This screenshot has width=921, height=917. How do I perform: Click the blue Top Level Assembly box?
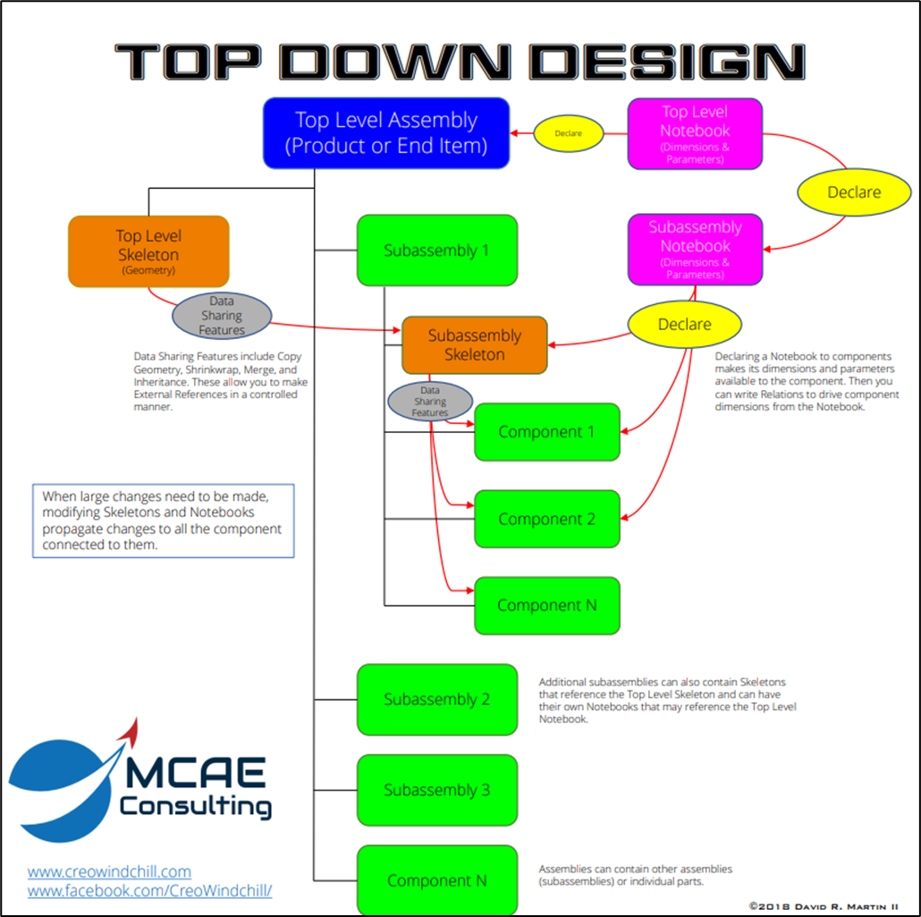click(385, 133)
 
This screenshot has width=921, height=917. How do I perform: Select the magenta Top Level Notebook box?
click(695, 134)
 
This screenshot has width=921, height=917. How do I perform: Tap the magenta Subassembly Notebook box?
click(695, 250)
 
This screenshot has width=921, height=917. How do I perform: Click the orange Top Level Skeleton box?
click(148, 251)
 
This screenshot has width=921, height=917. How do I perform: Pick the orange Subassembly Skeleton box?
click(474, 344)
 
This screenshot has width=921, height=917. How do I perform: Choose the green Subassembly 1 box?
click(436, 250)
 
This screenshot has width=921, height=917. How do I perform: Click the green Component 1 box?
click(546, 432)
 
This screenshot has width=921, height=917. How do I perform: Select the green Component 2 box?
click(546, 519)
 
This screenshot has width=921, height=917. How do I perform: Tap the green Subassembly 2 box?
click(436, 700)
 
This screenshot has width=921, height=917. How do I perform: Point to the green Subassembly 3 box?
click(436, 790)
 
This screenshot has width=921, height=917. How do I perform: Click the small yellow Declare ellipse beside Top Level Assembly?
click(568, 134)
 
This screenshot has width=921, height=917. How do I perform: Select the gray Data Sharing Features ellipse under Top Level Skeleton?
click(221, 316)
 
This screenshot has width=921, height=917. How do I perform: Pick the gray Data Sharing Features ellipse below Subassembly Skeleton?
click(430, 402)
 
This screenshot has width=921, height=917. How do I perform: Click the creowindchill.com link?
click(109, 870)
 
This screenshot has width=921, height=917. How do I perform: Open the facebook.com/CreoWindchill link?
click(149, 891)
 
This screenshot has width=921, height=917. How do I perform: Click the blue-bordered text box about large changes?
click(163, 521)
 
